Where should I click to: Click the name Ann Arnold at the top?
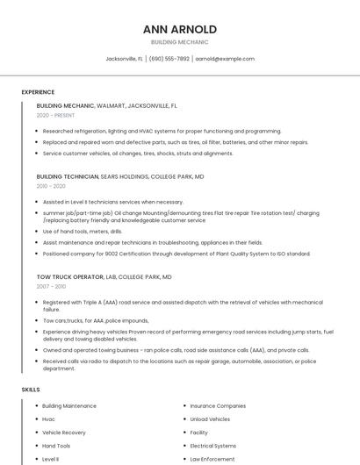click(x=179, y=29)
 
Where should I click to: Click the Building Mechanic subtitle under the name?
click(x=179, y=42)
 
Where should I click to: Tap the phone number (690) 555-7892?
click(x=169, y=59)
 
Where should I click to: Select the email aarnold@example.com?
click(x=225, y=59)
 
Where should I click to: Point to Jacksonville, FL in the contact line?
click(x=124, y=59)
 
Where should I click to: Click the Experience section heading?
click(x=38, y=92)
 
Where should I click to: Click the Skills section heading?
click(x=31, y=389)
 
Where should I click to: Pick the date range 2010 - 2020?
click(x=51, y=186)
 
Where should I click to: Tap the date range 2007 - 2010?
click(x=51, y=286)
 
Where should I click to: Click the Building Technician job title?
click(x=67, y=176)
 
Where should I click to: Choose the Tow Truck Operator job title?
click(x=68, y=276)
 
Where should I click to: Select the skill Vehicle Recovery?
click(x=64, y=433)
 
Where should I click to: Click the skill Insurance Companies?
click(x=218, y=406)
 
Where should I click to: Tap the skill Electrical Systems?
click(x=212, y=446)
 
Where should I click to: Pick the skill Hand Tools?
click(x=56, y=446)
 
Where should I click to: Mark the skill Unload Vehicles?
click(x=211, y=419)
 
